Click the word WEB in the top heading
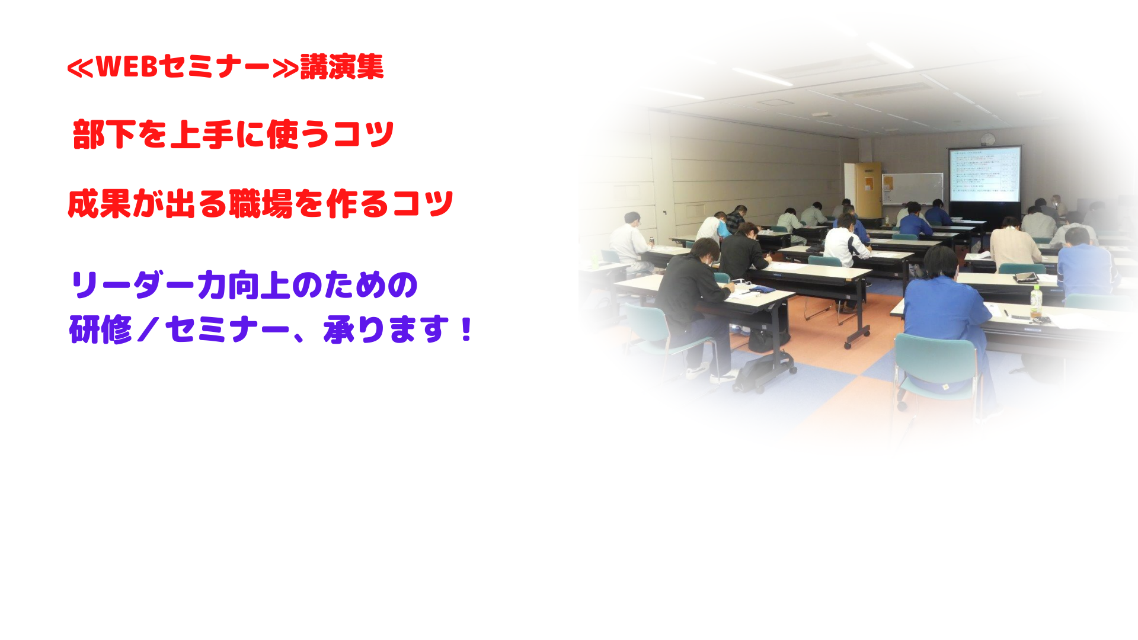pyautogui.click(x=126, y=66)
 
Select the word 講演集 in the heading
pyautogui.click(x=342, y=66)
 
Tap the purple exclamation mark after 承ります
pyautogui.click(x=466, y=329)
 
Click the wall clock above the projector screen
pyautogui.click(x=987, y=139)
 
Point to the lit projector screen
pyautogui.click(x=984, y=175)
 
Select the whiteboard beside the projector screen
pyautogui.click(x=913, y=188)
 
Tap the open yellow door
pyautogui.click(x=868, y=190)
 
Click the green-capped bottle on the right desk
pyautogui.click(x=1035, y=302)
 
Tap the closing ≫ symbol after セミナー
pyautogui.click(x=285, y=68)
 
